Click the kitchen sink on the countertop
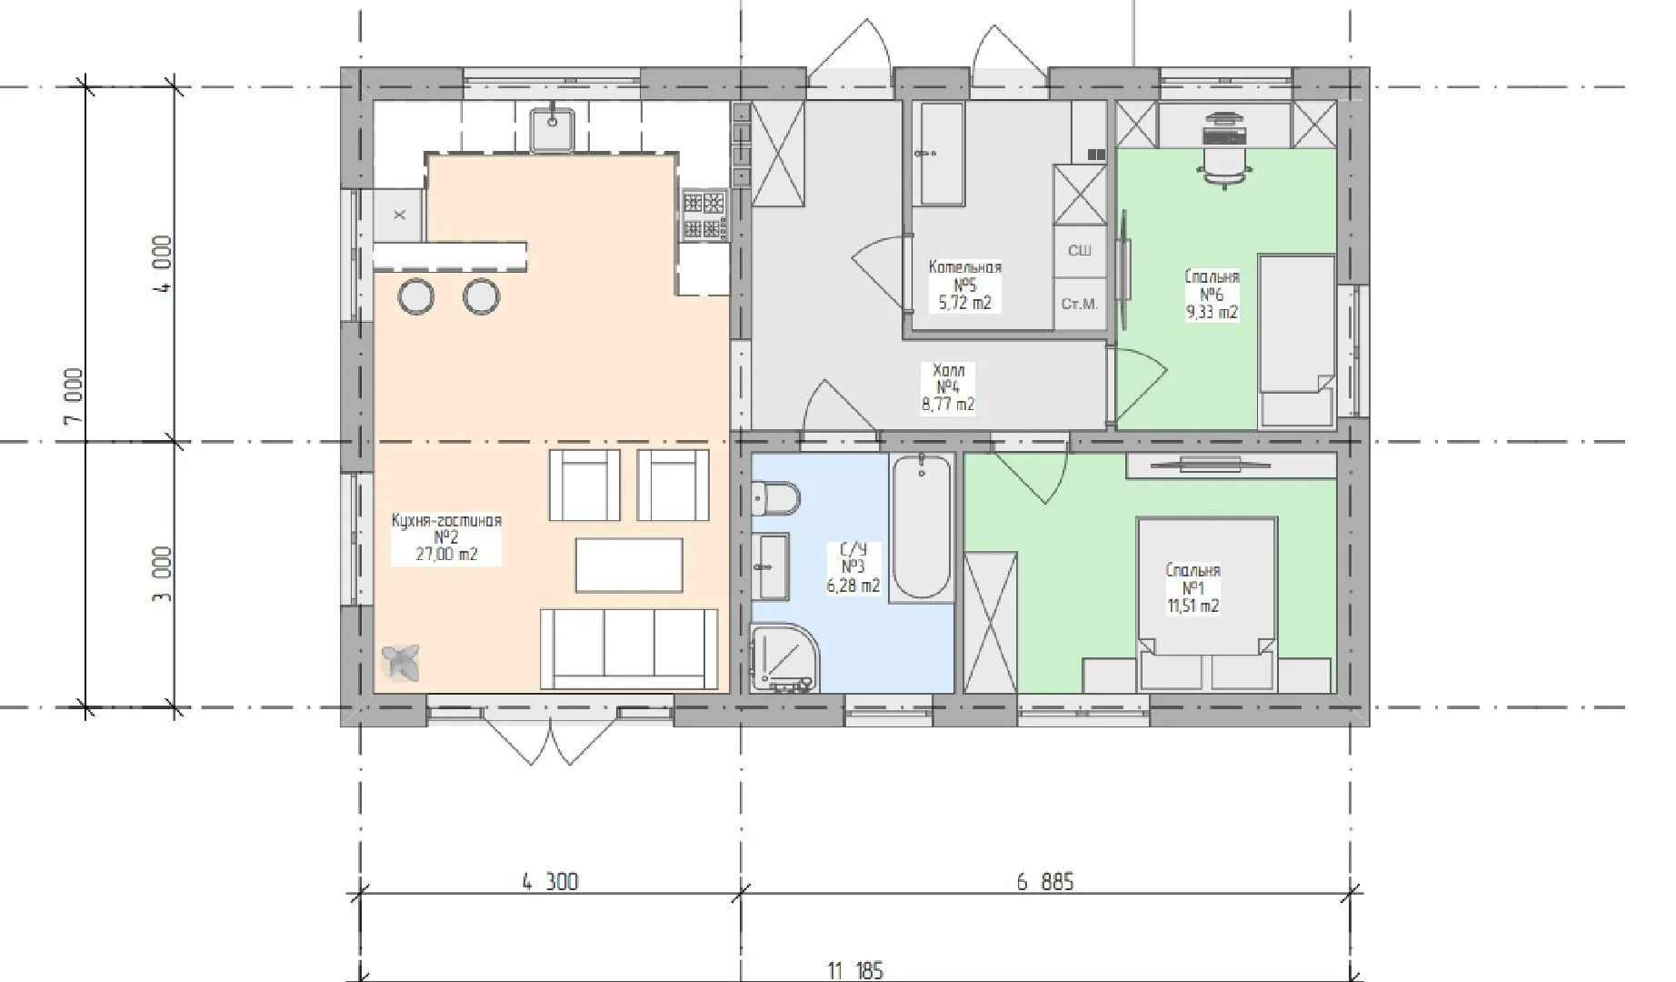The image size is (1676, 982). pyautogui.click(x=552, y=128)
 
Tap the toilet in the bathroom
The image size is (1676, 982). pyautogui.click(x=775, y=498)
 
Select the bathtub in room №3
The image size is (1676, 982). pyautogui.click(x=922, y=526)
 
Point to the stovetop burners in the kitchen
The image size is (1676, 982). pyautogui.click(x=704, y=215)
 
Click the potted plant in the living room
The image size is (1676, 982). pyautogui.click(x=400, y=661)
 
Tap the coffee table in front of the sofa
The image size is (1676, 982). pyautogui.click(x=629, y=565)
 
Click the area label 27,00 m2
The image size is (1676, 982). pyautogui.click(x=446, y=554)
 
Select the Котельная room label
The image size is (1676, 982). pyautogui.click(x=964, y=267)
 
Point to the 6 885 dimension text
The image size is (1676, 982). pyautogui.click(x=1044, y=881)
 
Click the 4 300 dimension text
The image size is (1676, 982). pyautogui.click(x=550, y=881)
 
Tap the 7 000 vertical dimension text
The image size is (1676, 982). pyautogui.click(x=74, y=396)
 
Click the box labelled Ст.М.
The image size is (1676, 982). pyautogui.click(x=1080, y=304)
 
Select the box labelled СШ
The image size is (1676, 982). pyautogui.click(x=1080, y=251)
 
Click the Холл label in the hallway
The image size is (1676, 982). pyautogui.click(x=948, y=370)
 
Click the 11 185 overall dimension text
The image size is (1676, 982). pyautogui.click(x=855, y=970)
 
